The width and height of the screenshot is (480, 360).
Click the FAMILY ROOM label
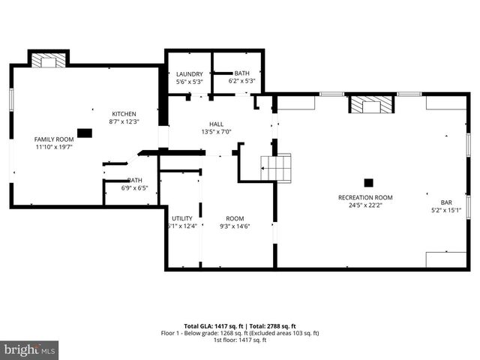coord(54,139)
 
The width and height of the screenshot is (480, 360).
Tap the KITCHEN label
coord(124,113)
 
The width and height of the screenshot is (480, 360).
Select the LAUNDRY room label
coord(189,73)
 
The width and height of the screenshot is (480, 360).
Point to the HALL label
coord(216,124)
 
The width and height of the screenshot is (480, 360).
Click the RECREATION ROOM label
coord(365,197)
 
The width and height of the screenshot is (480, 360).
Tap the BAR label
coord(446,202)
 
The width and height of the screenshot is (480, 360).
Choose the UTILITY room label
coord(181,218)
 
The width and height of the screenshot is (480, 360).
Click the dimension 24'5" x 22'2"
coord(365,205)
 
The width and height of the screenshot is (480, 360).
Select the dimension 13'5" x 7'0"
coord(216,132)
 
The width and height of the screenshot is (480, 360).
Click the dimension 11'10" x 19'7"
coord(54,147)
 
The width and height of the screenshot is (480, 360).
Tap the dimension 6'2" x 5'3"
coord(242,81)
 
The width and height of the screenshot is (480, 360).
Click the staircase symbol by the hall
coord(276,167)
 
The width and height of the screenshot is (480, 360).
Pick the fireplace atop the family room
coord(49,60)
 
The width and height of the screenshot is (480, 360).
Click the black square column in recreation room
coord(368,182)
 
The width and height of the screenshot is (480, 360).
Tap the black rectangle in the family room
coord(85,133)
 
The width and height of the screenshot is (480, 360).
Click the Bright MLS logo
coord(30,349)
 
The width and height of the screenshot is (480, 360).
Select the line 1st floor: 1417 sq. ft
coord(240,340)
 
